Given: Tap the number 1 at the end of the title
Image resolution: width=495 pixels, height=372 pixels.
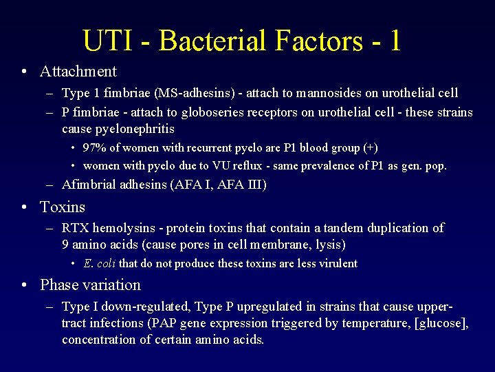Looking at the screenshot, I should pos(394,41).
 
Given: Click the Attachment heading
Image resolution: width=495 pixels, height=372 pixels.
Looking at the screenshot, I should pos(78,71).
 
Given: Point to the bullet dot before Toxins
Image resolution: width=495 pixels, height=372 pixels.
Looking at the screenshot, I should pos(24,207).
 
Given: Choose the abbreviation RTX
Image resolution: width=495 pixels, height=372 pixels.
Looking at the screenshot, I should pos(75,228).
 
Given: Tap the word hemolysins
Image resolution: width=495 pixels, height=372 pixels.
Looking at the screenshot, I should pos(121,228).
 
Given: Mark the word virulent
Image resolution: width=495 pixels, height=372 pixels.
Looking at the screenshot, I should pos(335,264).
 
